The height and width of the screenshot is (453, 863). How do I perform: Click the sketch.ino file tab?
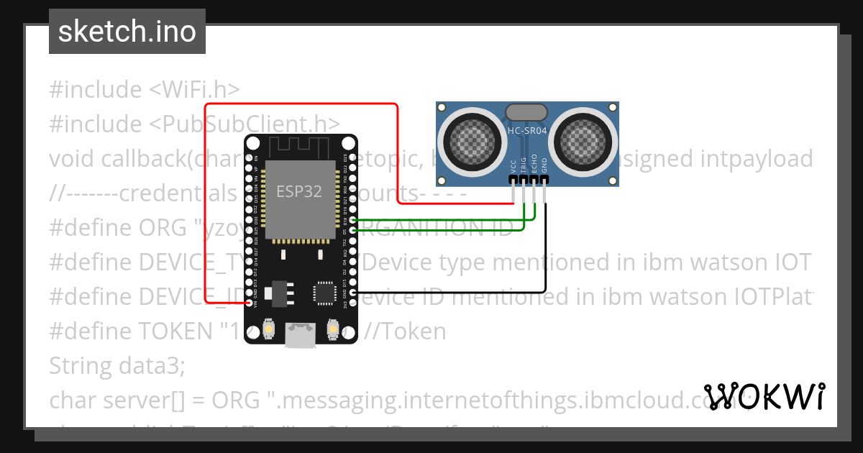[x=127, y=32]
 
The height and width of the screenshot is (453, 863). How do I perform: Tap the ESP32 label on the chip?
[x=299, y=191]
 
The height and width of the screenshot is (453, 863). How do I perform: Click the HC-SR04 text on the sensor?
[x=527, y=130]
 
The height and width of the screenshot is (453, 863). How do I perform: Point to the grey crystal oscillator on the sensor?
[x=526, y=111]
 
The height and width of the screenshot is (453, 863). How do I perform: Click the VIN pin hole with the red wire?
[x=250, y=303]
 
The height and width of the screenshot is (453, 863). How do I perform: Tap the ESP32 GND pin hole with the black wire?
[x=352, y=293]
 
